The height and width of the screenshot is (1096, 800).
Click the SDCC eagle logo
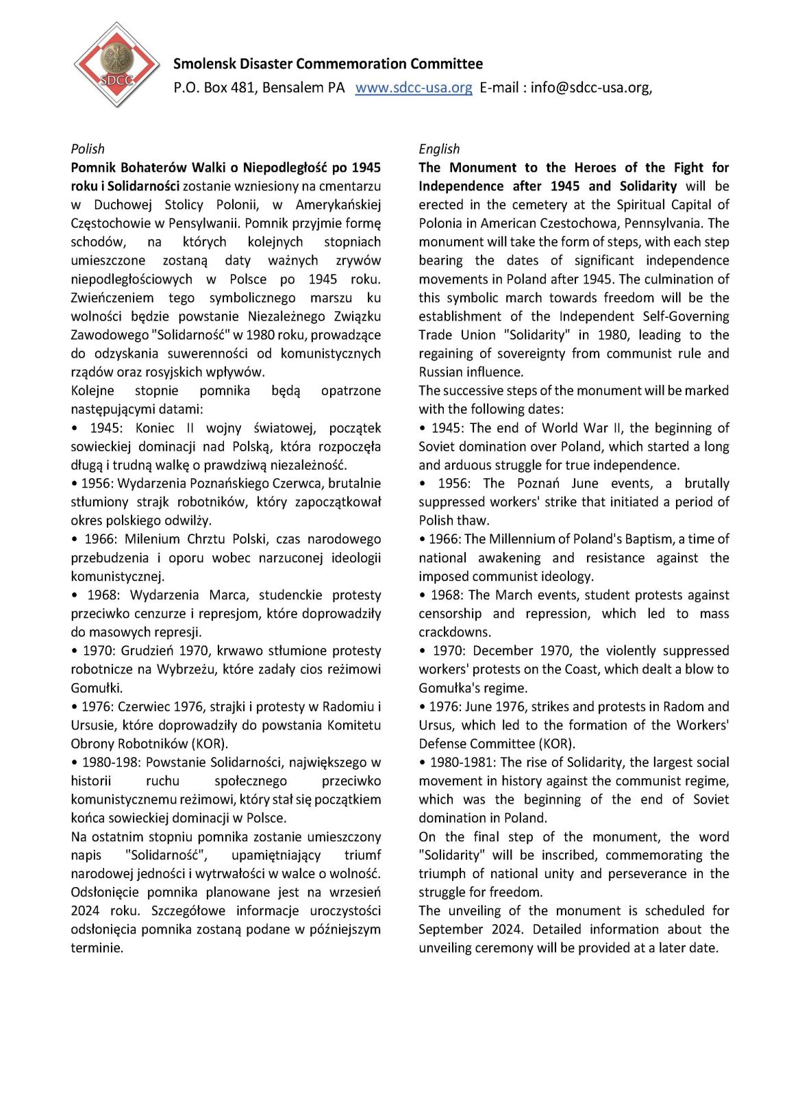pyautogui.click(x=116, y=65)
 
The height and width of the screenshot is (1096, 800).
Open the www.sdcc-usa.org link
pyautogui.click(x=414, y=88)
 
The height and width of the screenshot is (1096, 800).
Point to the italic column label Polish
pyautogui.click(x=88, y=149)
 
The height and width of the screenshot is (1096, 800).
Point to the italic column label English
pyautogui.click(x=439, y=149)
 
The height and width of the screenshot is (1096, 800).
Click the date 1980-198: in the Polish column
pyautogui.click(x=112, y=762)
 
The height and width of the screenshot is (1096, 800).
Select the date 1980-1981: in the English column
pyautogui.click(x=463, y=762)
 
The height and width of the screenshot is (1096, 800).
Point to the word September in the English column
pyautogui.click(x=451, y=930)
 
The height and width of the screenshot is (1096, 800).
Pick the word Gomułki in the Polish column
pyautogui.click(x=96, y=688)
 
